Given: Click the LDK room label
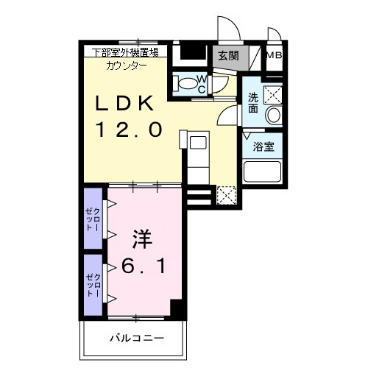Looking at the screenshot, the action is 124,103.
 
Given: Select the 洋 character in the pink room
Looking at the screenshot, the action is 143,238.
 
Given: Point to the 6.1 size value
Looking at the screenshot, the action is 144,266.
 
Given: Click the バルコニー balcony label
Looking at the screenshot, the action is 137,339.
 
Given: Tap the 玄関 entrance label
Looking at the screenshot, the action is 228,56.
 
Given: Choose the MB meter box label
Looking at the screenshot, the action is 274,56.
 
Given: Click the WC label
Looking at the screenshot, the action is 202,85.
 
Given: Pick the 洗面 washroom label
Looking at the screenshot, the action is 253,103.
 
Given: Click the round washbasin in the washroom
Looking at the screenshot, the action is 274,115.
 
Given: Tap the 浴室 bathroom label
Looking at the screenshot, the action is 263,146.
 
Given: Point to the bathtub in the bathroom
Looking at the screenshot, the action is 262,171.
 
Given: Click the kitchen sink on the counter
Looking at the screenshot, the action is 198,142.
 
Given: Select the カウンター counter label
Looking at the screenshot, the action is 127,66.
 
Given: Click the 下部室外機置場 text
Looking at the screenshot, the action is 125,52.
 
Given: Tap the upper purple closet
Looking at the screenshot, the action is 93,219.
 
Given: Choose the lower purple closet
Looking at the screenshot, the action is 93,285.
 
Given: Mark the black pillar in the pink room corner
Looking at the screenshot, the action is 178,309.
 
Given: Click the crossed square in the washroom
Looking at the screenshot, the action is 273,95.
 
